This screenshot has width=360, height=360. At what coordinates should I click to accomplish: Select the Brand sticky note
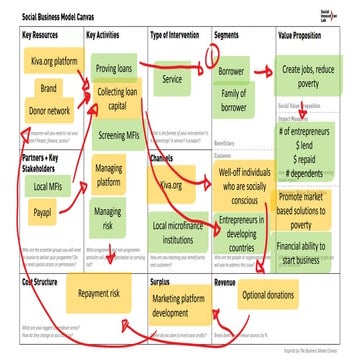tap(47, 88)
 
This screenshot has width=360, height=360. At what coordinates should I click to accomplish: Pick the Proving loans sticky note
tap(115, 69)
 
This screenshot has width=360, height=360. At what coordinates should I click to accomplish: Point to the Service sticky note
tap(172, 78)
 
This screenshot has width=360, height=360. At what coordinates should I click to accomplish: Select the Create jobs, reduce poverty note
tap(312, 76)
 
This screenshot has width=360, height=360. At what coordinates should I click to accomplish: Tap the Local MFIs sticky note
tap(47, 187)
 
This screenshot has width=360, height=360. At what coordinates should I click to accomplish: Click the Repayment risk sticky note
tap(99, 295)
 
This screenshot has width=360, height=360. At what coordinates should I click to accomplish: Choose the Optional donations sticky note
tap(267, 295)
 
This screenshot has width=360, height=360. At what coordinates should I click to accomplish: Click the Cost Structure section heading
tap(42, 281)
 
